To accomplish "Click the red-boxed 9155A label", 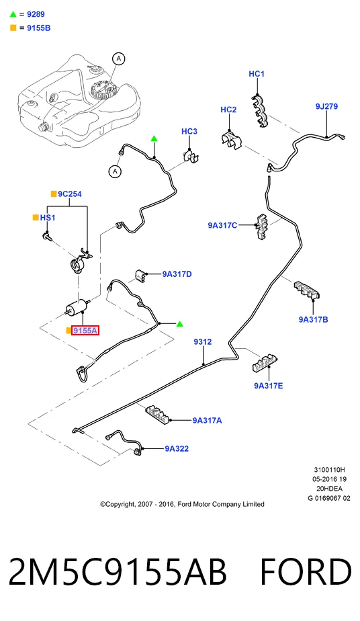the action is click(85, 330).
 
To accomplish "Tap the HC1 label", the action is click(257, 74).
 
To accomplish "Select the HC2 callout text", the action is click(228, 110).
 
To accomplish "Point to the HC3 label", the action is click(189, 131).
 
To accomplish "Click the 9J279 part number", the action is click(326, 106).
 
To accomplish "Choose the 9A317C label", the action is click(222, 225).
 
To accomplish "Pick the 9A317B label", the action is click(313, 319).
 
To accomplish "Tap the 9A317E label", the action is click(268, 385).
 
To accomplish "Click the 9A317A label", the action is click(207, 420).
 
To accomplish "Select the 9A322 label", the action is click(177, 448).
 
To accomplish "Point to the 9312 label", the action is click(203, 341).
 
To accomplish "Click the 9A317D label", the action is click(177, 274).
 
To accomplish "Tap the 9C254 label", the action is click(70, 194).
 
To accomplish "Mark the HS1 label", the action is click(48, 218).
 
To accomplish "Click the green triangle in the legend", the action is click(13, 14).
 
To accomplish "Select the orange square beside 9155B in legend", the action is click(13, 28).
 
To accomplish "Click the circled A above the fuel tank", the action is click(119, 59).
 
